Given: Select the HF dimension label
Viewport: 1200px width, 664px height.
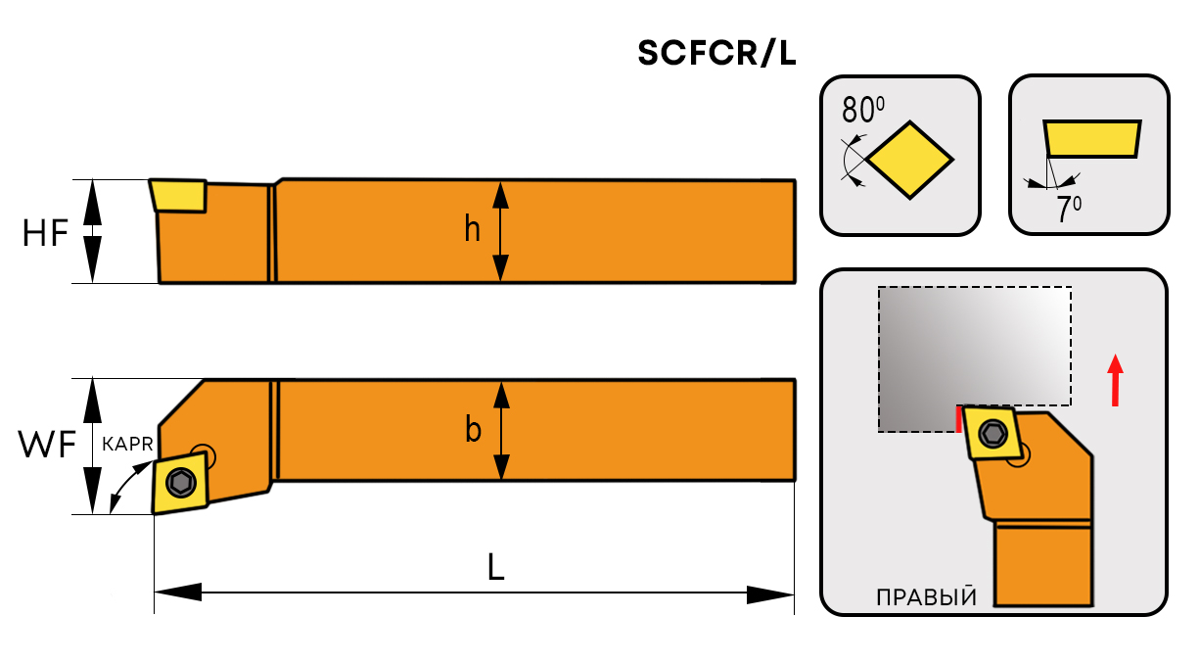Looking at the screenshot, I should click(46, 233).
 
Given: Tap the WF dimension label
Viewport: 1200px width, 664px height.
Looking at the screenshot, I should click(47, 446).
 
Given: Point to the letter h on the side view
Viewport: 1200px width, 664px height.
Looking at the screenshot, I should click(473, 229).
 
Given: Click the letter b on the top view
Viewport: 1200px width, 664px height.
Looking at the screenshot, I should click(473, 429).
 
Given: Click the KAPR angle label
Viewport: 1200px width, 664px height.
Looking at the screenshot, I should click(126, 444).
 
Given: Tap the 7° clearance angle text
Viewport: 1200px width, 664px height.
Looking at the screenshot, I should click(1069, 210).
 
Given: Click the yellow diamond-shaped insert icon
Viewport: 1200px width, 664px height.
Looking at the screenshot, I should click(910, 160).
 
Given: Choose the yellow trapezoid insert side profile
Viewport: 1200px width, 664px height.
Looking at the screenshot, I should click(1092, 138).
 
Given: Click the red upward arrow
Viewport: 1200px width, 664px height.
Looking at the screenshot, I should click(1115, 380).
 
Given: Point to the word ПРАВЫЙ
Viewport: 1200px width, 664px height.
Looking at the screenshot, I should click(926, 597).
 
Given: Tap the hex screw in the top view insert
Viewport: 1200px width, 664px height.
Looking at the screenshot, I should click(180, 482).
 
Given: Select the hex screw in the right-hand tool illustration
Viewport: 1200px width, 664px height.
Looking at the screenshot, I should click(994, 433).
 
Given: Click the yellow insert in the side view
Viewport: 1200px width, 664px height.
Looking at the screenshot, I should click(178, 195).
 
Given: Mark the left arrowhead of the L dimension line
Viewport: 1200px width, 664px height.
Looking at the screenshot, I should click(176, 593).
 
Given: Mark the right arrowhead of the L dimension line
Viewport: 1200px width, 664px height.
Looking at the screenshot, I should click(771, 593).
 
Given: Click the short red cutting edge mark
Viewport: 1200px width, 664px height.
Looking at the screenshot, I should click(958, 418).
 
